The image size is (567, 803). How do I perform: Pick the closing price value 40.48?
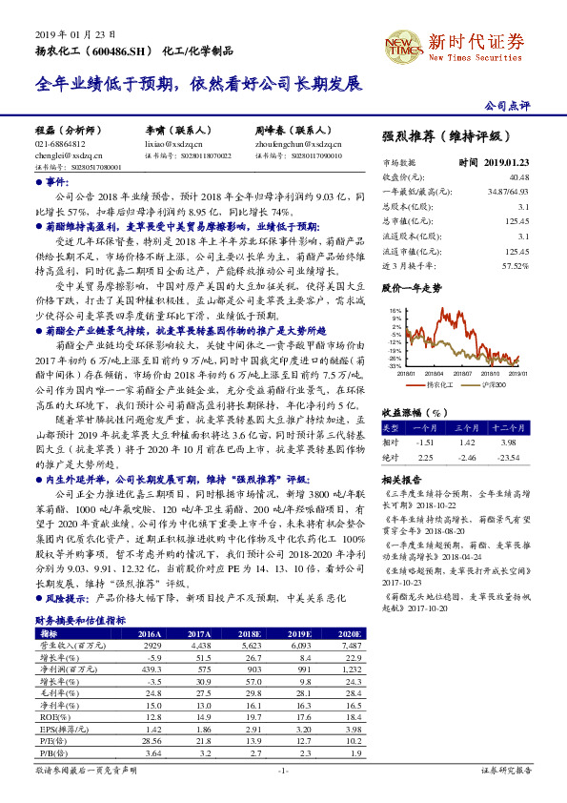518,177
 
